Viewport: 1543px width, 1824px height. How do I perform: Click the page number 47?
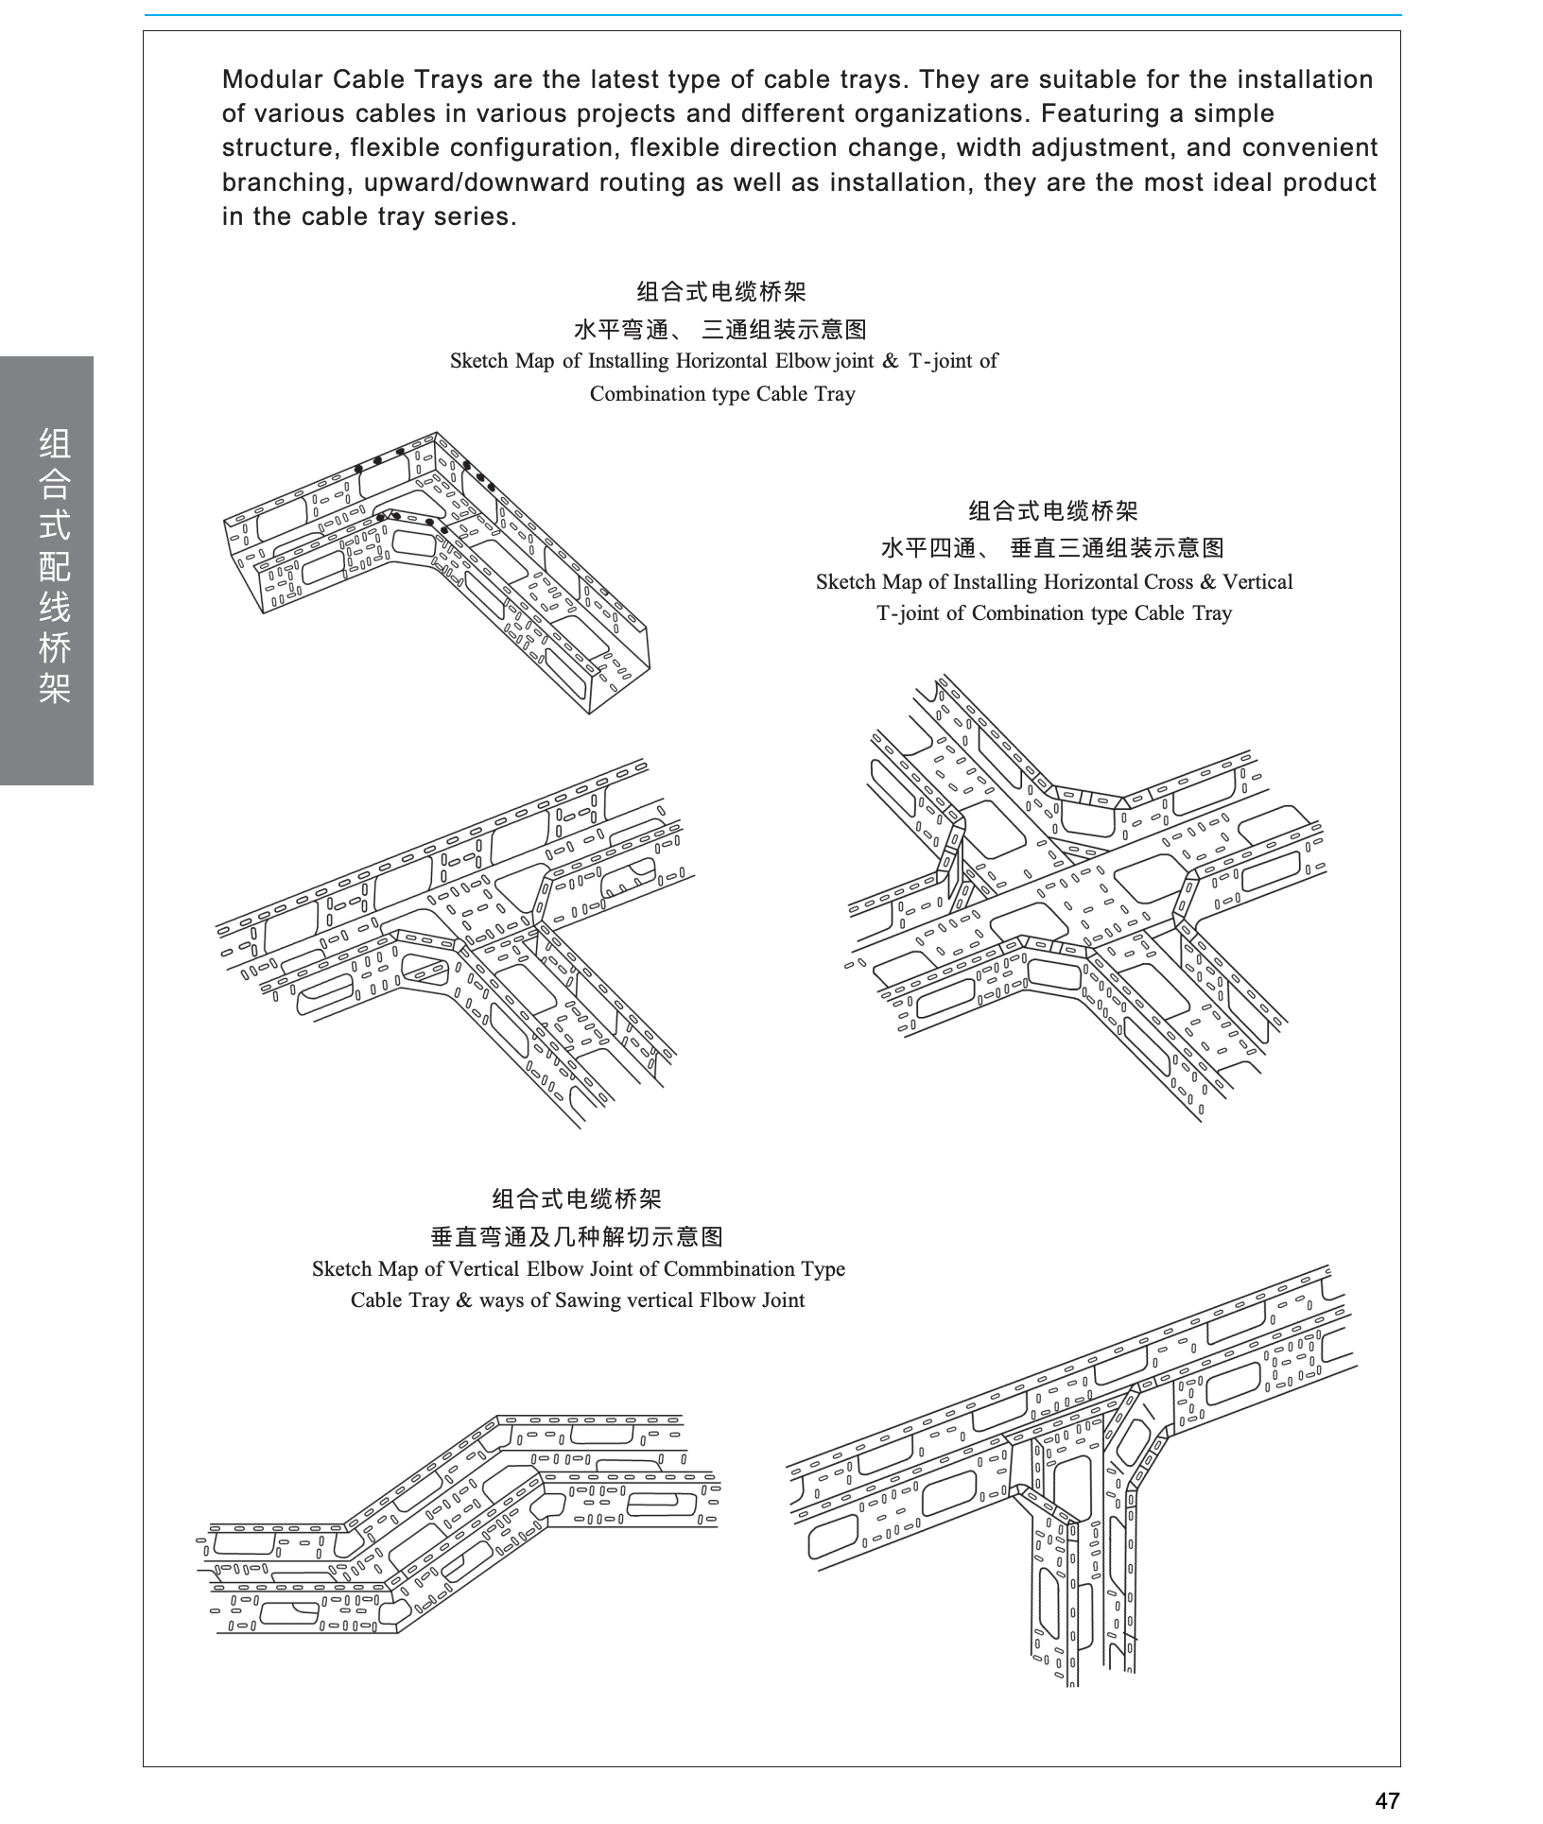click(x=1386, y=1800)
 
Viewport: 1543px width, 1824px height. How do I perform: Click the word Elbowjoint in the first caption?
click(x=824, y=360)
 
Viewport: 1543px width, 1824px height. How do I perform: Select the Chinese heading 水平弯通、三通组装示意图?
click(x=720, y=329)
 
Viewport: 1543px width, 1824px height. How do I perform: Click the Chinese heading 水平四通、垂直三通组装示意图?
click(x=1052, y=548)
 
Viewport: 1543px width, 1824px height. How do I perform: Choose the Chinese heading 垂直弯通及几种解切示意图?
click(x=577, y=1236)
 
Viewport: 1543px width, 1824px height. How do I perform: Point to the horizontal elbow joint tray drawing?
click(x=435, y=567)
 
